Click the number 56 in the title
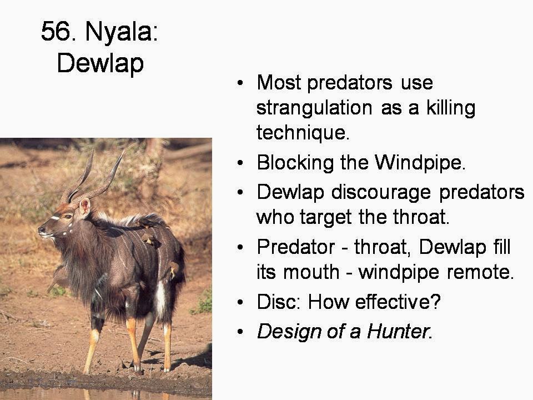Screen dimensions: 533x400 pos(56,31)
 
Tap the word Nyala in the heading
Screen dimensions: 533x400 pos(122,31)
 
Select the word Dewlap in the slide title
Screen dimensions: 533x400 pos(100,63)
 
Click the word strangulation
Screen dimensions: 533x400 pos(314,108)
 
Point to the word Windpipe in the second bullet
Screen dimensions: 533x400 pos(420,163)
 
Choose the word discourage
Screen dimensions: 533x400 pos(381,193)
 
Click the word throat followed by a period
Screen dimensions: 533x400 pos(421,217)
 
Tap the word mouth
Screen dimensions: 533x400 pos(311,272)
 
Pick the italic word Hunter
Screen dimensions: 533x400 pos(399,331)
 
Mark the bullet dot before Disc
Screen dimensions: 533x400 pos(240,302)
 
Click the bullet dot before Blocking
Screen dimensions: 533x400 pos(240,163)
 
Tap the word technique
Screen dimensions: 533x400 pos(303,133)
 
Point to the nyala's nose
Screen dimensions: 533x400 pos(42,229)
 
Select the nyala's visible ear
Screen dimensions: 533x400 pos(84,207)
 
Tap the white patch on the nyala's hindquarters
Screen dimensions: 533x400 pos(160,299)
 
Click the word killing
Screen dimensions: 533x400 pos(451,108)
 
